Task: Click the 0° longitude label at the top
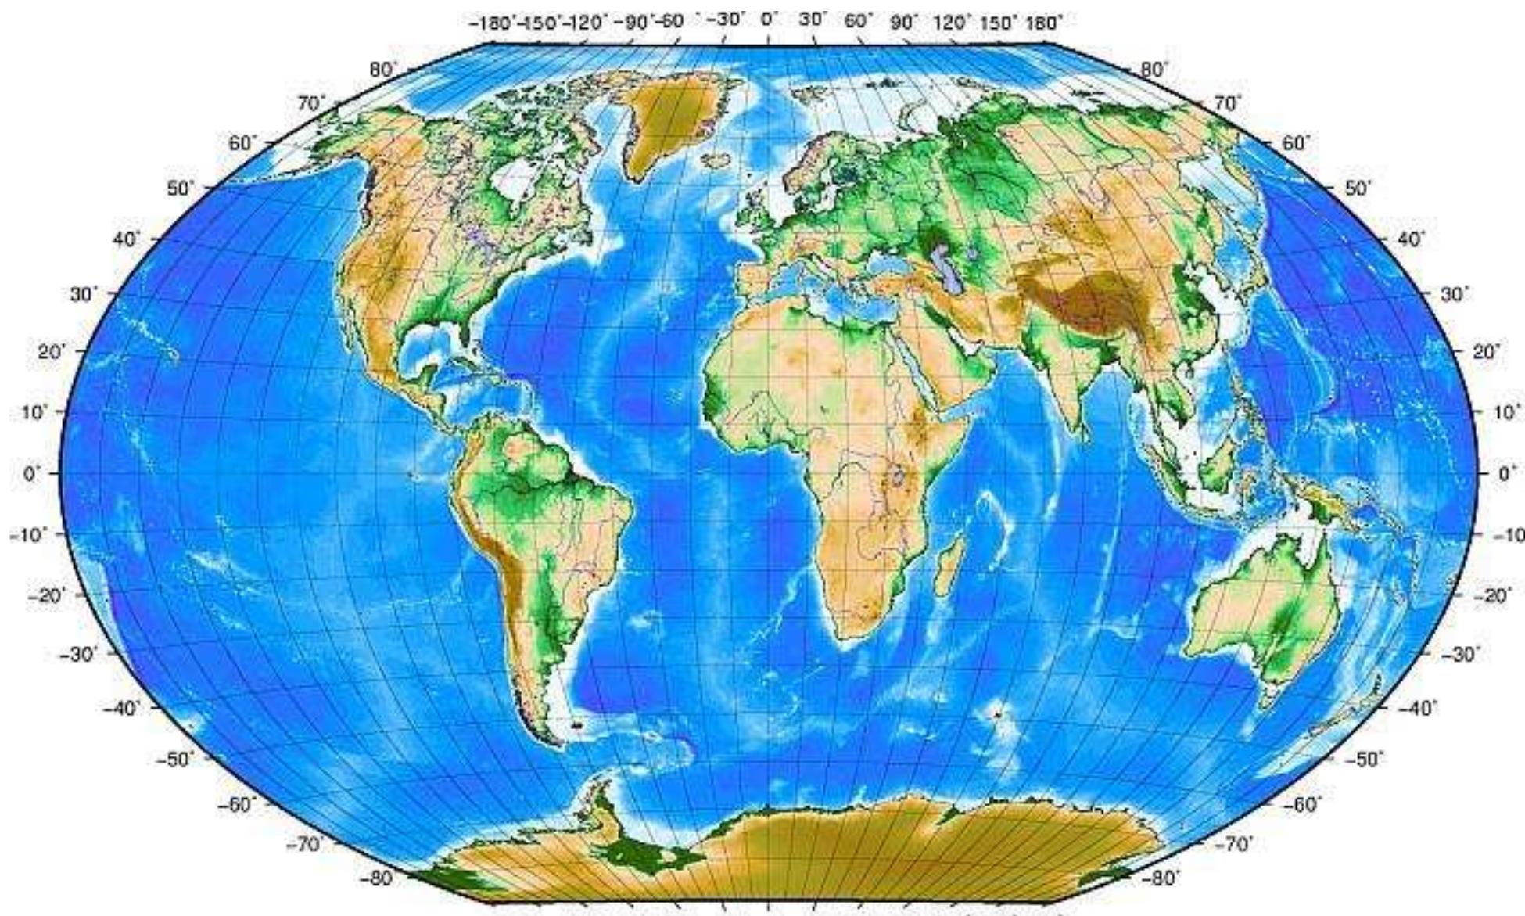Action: pos(769,21)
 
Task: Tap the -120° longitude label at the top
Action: pos(587,22)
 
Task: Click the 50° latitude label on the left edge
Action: pos(181,189)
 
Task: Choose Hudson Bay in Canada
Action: pos(512,184)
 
